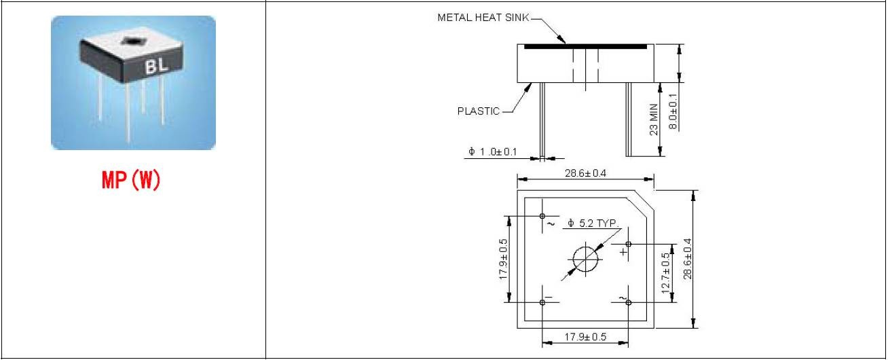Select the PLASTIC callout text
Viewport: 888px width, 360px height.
tap(478, 111)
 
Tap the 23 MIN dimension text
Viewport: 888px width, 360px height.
tap(654, 120)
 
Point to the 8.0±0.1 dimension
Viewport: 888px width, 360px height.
tap(673, 108)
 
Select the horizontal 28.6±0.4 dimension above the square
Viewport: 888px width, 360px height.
tap(585, 173)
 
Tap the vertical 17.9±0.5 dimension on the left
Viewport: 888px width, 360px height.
tap(503, 259)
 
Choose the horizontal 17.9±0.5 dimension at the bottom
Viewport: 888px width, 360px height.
tap(585, 337)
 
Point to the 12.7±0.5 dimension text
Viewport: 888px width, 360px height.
tap(666, 272)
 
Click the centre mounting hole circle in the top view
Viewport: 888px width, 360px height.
tap(585, 259)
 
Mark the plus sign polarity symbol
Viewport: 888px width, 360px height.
tap(623, 252)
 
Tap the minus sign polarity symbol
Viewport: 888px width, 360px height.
tap(549, 296)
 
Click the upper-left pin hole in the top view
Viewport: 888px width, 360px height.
tap(542, 216)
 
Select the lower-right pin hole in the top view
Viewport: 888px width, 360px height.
tap(629, 302)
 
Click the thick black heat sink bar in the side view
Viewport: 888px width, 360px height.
tap(582, 46)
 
